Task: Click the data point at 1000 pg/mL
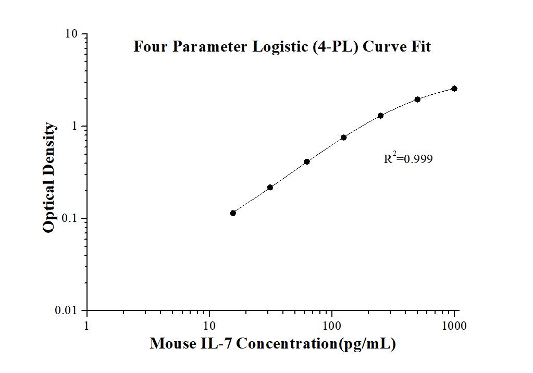point(454,89)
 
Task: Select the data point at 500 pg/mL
point(417,99)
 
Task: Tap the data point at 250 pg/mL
point(380,116)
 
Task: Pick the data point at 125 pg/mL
point(344,138)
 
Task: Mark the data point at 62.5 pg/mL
point(307,161)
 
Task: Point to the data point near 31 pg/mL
point(270,187)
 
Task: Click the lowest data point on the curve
point(233,213)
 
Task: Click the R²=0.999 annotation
point(408,159)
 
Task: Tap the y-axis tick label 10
point(72,34)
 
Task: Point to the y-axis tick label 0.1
point(71,219)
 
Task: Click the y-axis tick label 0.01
point(68,311)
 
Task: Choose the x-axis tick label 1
point(86,326)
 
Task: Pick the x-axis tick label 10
point(209,326)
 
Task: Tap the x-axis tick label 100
point(332,326)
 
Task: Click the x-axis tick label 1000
point(454,326)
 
